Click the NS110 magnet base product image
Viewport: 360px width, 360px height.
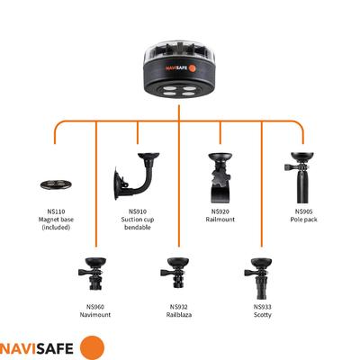coord(57,184)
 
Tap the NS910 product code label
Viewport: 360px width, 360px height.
coord(138,211)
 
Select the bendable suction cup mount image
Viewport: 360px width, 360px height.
coord(137,176)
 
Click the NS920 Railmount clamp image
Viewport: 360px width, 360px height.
coord(220,177)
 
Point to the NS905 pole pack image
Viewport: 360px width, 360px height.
coord(301,177)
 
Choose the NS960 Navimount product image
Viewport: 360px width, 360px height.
coord(93,274)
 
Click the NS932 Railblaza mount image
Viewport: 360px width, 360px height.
coord(175,273)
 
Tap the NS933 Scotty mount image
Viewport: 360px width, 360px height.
coord(258,278)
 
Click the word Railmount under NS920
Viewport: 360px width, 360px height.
coord(220,220)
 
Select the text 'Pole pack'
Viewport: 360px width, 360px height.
coord(303,220)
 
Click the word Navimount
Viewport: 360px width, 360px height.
coord(95,315)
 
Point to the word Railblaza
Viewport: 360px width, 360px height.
coord(179,315)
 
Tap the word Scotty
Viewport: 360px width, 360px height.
coord(263,315)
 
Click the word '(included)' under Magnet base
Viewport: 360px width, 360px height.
coord(56,228)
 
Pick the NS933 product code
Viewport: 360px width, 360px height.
coord(263,307)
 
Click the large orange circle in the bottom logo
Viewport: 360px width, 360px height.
coord(93,348)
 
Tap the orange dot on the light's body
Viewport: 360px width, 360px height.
coord(193,67)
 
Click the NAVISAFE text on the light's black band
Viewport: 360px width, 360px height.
coord(176,68)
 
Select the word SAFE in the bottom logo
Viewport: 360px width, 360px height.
coord(54,349)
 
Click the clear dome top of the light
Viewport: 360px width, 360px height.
coord(179,51)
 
